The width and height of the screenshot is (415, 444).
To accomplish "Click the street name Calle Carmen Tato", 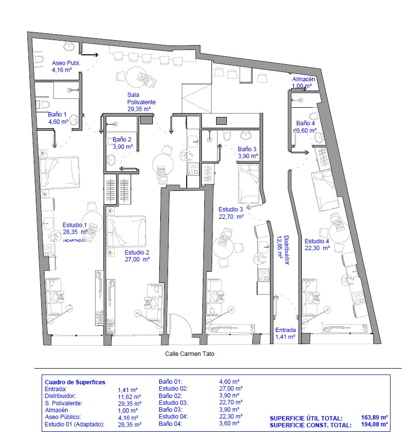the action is [190, 353].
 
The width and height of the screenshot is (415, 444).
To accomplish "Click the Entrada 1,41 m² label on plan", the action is [286, 333].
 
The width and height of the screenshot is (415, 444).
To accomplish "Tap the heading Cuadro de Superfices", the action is [75, 382].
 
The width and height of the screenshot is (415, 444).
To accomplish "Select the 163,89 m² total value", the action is [374, 418].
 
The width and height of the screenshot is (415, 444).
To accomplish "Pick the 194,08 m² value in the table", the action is [374, 424].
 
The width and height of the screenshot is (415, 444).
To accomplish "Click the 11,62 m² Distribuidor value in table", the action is [129, 397].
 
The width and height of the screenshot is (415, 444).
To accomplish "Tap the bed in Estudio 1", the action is [59, 173].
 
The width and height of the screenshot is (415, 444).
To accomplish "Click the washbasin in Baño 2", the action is [111, 160].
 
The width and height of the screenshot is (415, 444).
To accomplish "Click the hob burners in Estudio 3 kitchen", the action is [264, 275].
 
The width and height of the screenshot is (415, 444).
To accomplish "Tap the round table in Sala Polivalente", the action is [136, 77].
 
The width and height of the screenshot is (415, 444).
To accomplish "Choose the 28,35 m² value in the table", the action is [129, 425].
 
